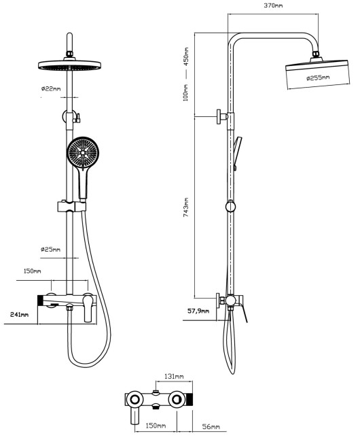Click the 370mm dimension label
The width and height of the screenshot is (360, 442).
coord(273,5)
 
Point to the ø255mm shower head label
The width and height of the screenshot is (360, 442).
coord(318,78)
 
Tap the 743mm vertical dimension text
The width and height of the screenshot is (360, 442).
coord(185,207)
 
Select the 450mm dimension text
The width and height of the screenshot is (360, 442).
coord(185,56)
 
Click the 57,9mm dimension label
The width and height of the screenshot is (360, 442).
coord(198,311)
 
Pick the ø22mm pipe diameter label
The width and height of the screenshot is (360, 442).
coord(51,89)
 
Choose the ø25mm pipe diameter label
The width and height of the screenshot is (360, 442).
coord(50,250)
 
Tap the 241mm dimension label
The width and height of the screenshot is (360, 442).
coord(19,314)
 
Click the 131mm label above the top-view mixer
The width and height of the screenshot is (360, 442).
coord(174,376)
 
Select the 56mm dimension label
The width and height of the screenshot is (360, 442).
coord(211,427)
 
